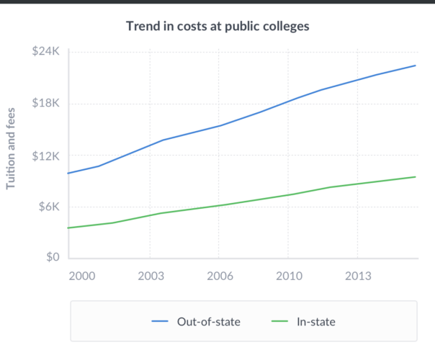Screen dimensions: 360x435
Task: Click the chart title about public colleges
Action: tap(217, 27)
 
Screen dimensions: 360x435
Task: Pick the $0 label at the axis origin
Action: tap(54, 258)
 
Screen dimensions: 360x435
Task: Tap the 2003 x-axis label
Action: tap(150, 276)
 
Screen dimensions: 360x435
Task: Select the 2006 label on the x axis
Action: tap(219, 276)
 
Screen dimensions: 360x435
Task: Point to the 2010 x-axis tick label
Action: tap(288, 276)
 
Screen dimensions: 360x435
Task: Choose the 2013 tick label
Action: tap(357, 276)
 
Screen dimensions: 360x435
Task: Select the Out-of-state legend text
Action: tap(209, 322)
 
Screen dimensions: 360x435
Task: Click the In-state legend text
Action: tap(316, 322)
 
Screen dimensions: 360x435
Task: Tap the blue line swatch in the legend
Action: tap(160, 322)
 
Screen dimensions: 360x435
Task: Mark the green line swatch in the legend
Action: tap(279, 322)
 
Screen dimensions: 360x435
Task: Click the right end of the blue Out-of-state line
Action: tap(416, 66)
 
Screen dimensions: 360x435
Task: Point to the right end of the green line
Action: tap(416, 177)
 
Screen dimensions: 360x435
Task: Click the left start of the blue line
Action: tap(68, 174)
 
